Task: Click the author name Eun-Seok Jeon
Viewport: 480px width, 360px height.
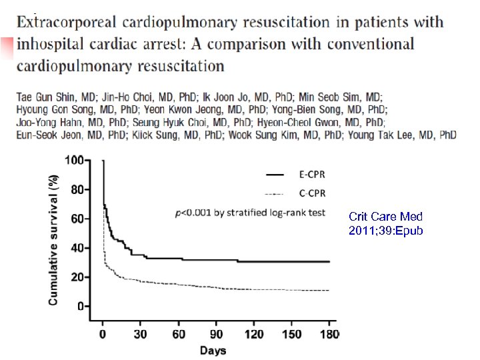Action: pos(42,135)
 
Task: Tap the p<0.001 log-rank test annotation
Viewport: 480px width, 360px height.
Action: pos(249,213)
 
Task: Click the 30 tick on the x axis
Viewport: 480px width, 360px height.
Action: pos(141,334)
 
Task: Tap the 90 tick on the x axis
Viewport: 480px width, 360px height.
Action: pos(217,334)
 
